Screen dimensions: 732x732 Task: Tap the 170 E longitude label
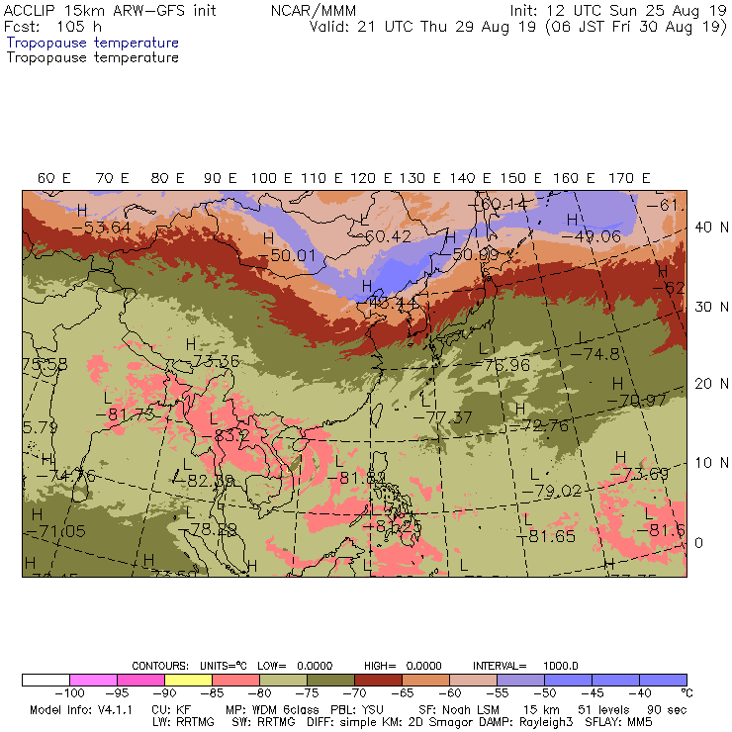tap(630, 178)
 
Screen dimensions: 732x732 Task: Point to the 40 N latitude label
tap(703, 227)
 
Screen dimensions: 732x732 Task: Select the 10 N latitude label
tap(703, 463)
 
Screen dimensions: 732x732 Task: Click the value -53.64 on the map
tap(101, 228)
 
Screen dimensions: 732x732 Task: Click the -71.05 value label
tap(56, 531)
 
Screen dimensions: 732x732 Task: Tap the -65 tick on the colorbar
tap(403, 693)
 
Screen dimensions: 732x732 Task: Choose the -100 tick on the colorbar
tap(68, 693)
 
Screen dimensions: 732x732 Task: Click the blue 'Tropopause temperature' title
tap(92, 44)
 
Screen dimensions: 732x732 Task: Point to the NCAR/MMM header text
tap(313, 10)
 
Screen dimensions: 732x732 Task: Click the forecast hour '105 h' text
tap(79, 27)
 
